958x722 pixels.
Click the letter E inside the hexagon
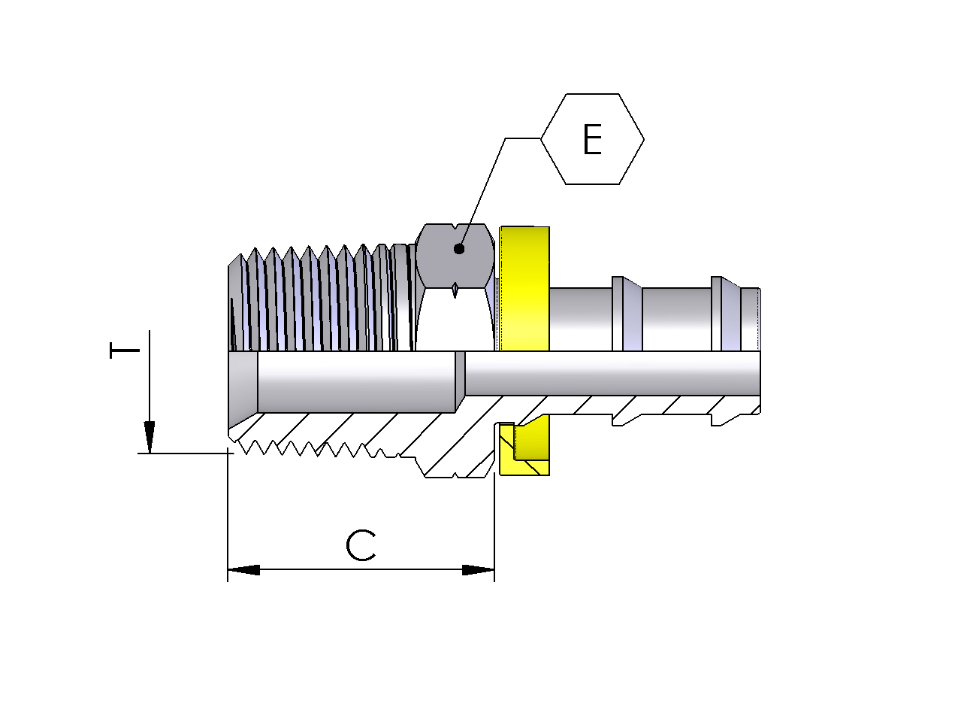pyautogui.click(x=592, y=139)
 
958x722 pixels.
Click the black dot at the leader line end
pyautogui.click(x=458, y=249)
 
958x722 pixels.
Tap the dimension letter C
pyautogui.click(x=361, y=546)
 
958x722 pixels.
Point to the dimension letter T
pyautogui.click(x=125, y=350)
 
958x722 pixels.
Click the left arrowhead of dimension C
pyautogui.click(x=244, y=570)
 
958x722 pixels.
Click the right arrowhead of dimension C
pyautogui.click(x=479, y=570)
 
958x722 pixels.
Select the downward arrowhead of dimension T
pyautogui.click(x=150, y=437)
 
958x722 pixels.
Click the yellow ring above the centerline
pyautogui.click(x=524, y=289)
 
